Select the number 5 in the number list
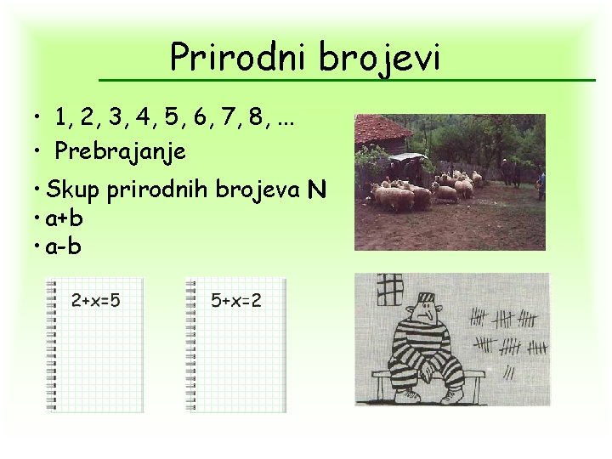[x=170, y=117]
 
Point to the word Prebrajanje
[x=121, y=152]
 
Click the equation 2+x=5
[x=96, y=300]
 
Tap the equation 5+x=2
[x=236, y=300]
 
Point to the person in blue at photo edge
[x=541, y=183]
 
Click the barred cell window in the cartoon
[x=389, y=289]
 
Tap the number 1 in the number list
[x=61, y=117]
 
